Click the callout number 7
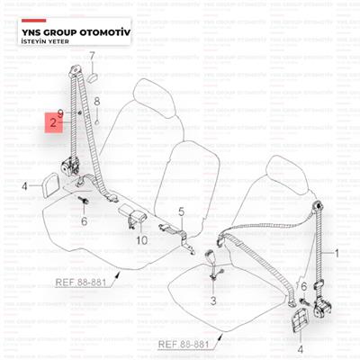tap(92, 56)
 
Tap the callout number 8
tap(97, 102)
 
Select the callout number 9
tap(60, 114)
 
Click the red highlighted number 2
tap(53, 122)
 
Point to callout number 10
tap(142, 240)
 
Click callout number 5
tap(182, 211)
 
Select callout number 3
tap(213, 301)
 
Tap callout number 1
tap(337, 254)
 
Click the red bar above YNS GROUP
tap(34, 21)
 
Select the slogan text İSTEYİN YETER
tap(45, 41)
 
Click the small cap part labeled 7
tap(92, 77)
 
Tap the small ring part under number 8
tap(97, 122)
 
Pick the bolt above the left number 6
tap(83, 200)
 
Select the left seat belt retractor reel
tap(71, 166)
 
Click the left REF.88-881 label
tap(81, 283)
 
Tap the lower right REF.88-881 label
tap(184, 344)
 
